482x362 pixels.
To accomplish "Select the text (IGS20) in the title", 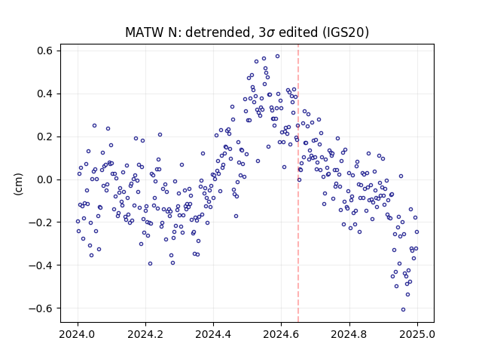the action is (x=345, y=32).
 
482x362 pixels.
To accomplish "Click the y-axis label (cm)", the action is (x=18, y=184).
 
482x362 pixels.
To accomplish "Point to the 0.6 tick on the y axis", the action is (x=45, y=51).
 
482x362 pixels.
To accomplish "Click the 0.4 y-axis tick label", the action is (x=45, y=94).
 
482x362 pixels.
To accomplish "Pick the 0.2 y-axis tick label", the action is (x=45, y=137).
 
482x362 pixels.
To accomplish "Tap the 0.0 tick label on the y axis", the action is (x=45, y=179).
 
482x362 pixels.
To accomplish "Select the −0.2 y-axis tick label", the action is (x=41, y=222).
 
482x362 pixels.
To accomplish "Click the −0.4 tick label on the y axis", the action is (x=41, y=265).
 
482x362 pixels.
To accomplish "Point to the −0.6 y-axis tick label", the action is (x=41, y=308).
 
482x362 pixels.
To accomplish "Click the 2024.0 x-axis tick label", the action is (x=78, y=334).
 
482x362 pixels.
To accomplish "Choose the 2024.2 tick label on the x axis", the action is (x=145, y=334).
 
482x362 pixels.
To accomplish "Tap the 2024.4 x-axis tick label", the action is (x=213, y=334).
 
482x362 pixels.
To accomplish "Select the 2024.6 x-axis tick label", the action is (x=281, y=334).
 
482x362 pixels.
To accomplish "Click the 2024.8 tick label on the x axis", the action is (x=349, y=334).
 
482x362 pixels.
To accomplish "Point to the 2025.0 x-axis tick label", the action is (x=417, y=334).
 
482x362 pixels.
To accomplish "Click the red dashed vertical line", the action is (x=298, y=183).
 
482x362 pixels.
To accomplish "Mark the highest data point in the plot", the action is (x=277, y=57).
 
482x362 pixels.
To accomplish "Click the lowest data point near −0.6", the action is (x=403, y=310).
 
